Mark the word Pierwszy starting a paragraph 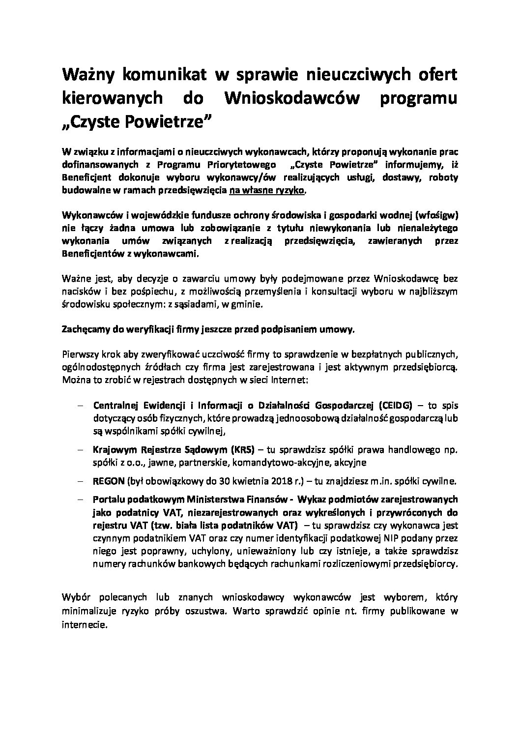[x=80, y=355]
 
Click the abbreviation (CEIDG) [x=397, y=406]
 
